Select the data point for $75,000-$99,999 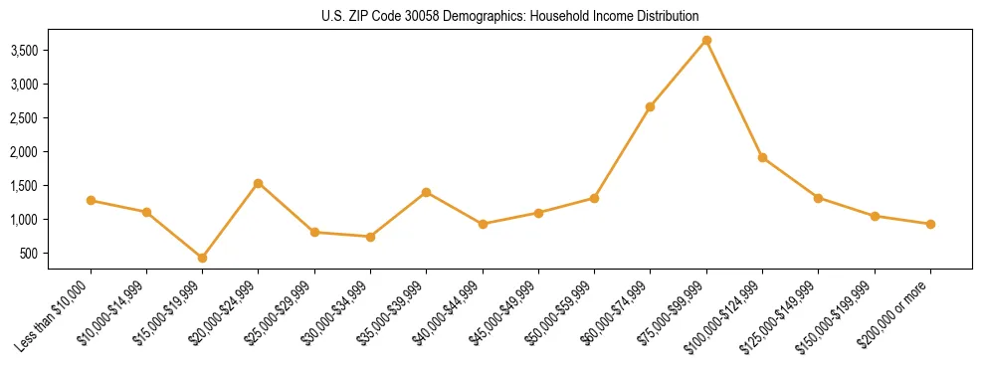click(x=706, y=40)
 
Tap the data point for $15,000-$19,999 click(x=202, y=258)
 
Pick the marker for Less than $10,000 click(x=91, y=201)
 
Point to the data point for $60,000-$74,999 click(x=650, y=106)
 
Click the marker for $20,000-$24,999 click(x=258, y=183)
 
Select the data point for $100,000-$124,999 click(x=762, y=157)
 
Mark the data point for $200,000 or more click(x=930, y=224)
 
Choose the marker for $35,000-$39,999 click(x=426, y=192)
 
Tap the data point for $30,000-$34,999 click(x=370, y=237)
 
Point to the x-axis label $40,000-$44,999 click(x=447, y=314)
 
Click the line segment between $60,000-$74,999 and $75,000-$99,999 click(x=678, y=74)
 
